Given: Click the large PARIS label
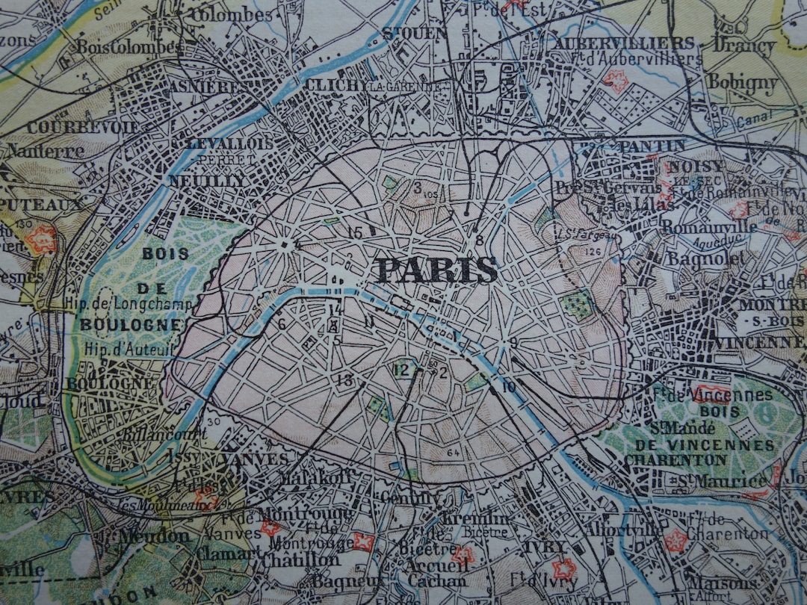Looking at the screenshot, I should [x=437, y=270].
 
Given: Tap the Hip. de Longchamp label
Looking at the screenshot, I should [x=130, y=303].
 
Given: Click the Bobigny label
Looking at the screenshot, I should [x=743, y=81].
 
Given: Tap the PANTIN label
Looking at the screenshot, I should [x=652, y=146].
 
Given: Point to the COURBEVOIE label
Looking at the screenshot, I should [x=82, y=128].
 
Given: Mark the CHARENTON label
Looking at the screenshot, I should [x=675, y=459].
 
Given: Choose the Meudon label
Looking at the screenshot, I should [x=155, y=536].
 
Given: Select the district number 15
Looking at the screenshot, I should [x=355, y=232].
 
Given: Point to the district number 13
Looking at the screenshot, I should [x=344, y=380].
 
